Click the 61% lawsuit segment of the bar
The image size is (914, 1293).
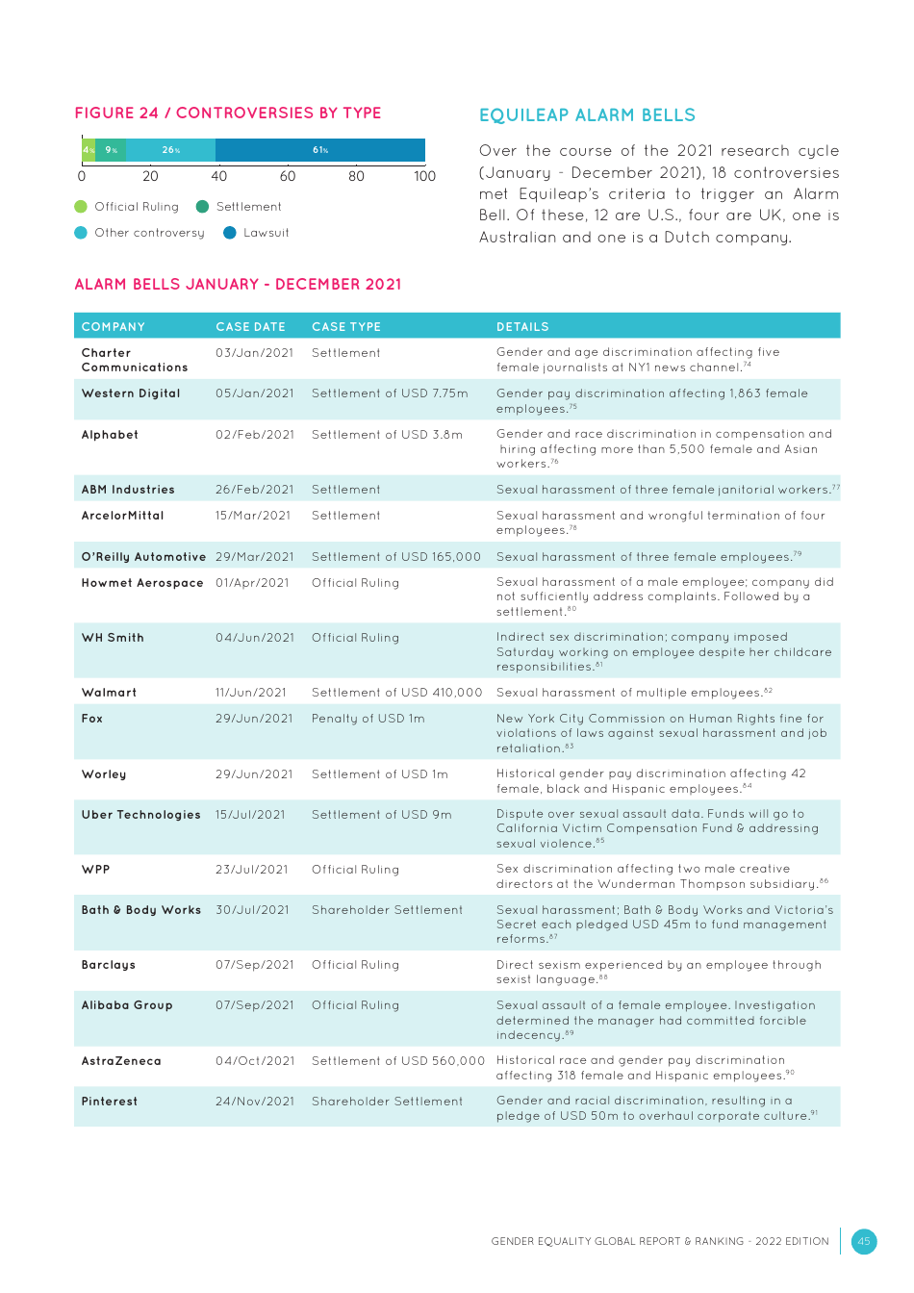click(x=320, y=150)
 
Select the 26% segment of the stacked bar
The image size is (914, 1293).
click(x=171, y=150)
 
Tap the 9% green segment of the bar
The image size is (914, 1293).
click(x=111, y=150)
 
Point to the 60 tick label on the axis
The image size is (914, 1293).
click(x=288, y=176)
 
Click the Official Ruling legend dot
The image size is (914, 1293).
click(x=81, y=207)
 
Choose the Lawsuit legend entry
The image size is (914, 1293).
click(x=256, y=233)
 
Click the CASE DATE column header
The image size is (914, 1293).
click(x=250, y=327)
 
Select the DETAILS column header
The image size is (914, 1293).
click(x=522, y=327)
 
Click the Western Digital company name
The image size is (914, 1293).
click(x=131, y=393)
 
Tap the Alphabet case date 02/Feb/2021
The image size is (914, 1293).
click(x=255, y=435)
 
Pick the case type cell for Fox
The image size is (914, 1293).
click(x=368, y=719)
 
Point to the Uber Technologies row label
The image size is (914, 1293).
click(x=141, y=815)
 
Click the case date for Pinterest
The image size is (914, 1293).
click(x=255, y=1102)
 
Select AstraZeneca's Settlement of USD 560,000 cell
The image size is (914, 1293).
click(x=398, y=1061)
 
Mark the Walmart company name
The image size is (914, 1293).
click(x=110, y=693)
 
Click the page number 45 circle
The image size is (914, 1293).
click(x=864, y=1241)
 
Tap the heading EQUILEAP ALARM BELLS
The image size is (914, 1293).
click(x=587, y=115)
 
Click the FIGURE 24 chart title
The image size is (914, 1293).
click(x=228, y=114)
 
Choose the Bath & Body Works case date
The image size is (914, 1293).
click(x=252, y=910)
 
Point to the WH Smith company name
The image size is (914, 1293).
click(x=113, y=638)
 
